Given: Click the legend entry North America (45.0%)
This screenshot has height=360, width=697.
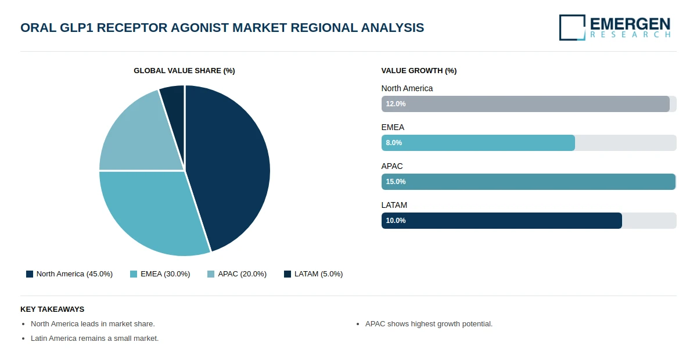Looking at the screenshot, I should pyautogui.click(x=69, y=274).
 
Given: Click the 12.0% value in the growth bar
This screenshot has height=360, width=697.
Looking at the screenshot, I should pyautogui.click(x=396, y=104).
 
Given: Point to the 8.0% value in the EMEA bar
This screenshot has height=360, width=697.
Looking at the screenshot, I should pyautogui.click(x=394, y=143).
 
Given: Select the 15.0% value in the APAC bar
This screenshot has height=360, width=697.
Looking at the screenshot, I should pyautogui.click(x=396, y=182).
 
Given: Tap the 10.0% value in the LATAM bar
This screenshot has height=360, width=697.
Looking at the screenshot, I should pyautogui.click(x=396, y=221).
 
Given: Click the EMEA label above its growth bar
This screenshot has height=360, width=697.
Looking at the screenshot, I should pyautogui.click(x=393, y=127).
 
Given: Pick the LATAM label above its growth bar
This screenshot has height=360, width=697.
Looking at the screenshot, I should pyautogui.click(x=394, y=205).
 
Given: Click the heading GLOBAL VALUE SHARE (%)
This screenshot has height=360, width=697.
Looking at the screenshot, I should pyautogui.click(x=184, y=71).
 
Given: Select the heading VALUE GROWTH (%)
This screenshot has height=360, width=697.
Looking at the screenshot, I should pyautogui.click(x=419, y=71).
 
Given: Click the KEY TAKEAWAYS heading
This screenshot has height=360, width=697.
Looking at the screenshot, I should pyautogui.click(x=52, y=309).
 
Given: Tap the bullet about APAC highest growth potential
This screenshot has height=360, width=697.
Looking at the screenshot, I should pyautogui.click(x=429, y=324).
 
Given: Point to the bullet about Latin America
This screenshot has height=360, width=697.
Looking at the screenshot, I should pyautogui.click(x=95, y=339).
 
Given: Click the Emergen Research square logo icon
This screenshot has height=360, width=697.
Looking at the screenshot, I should pyautogui.click(x=572, y=27).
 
